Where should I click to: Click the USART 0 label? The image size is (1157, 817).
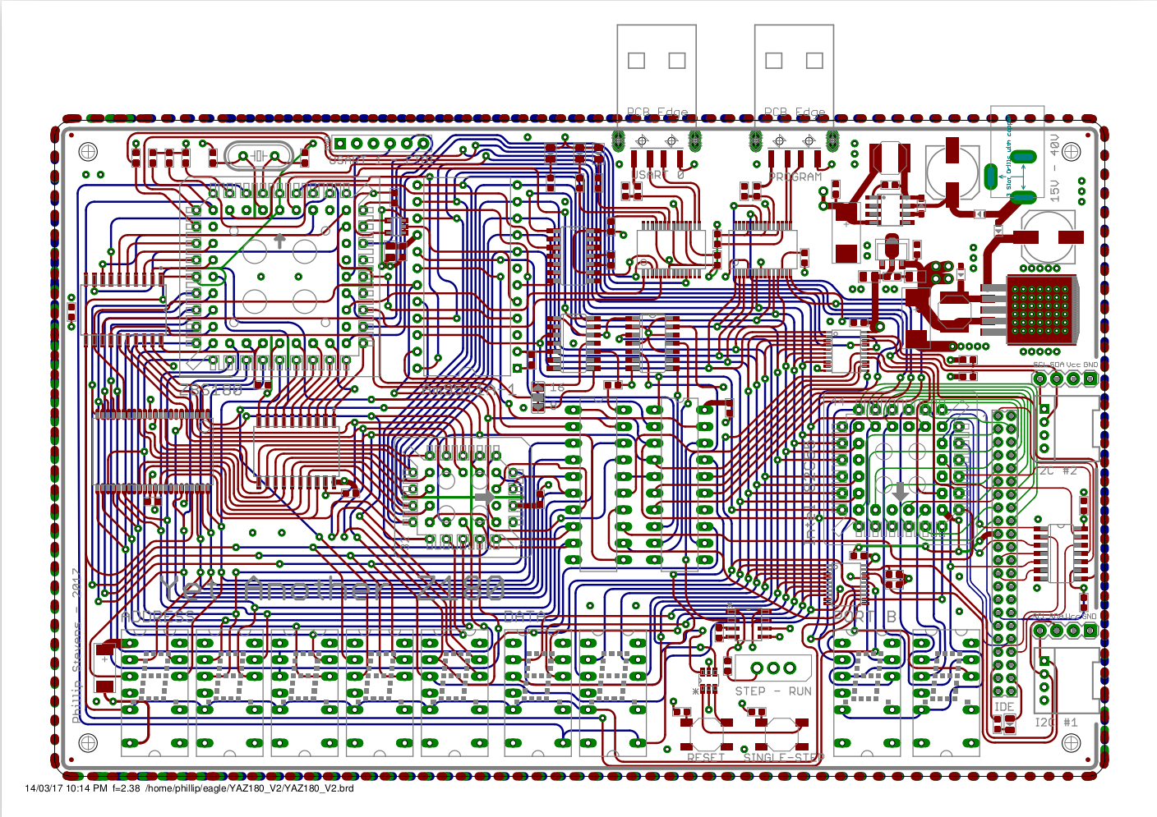pos(657,175)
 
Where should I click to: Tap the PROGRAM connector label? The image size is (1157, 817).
pos(795,177)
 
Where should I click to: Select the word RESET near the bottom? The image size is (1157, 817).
pos(705,757)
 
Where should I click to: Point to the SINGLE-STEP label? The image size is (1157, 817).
pos(782,757)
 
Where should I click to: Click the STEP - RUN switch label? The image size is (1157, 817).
pos(772,691)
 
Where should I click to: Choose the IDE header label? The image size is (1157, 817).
pos(1004,707)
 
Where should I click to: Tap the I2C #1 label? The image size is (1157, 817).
pos(1056,723)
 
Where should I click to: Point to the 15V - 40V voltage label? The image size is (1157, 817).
pos(1054,168)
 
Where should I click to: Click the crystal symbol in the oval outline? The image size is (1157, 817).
pos(258,155)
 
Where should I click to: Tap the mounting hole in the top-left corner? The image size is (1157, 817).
pos(88,152)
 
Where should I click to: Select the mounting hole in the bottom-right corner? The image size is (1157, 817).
pos(1071,743)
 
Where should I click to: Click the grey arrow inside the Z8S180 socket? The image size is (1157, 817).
pos(279,241)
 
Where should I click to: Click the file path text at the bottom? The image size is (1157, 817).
pos(250,789)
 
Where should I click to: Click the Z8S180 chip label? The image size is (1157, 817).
pos(211,390)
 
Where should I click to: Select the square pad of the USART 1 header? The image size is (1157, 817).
pos(339,144)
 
